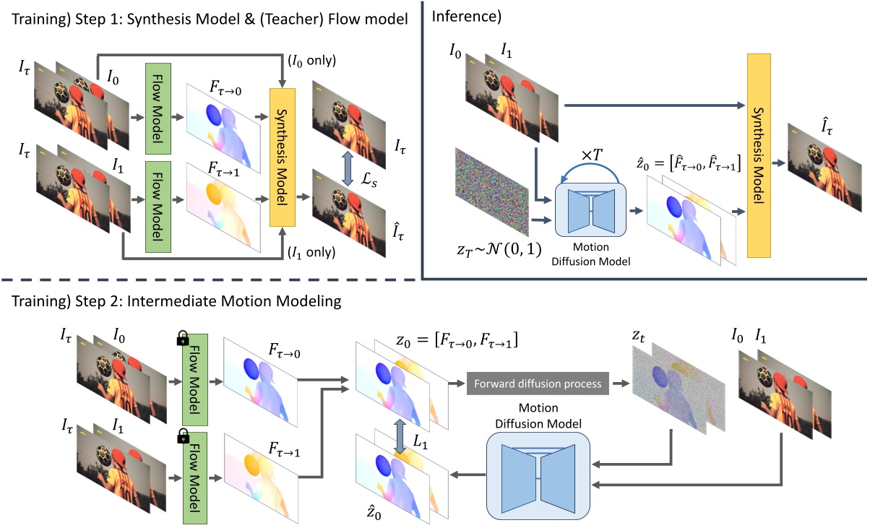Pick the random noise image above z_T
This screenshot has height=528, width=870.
point(492,192)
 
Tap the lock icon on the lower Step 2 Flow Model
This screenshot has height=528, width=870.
point(183,436)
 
